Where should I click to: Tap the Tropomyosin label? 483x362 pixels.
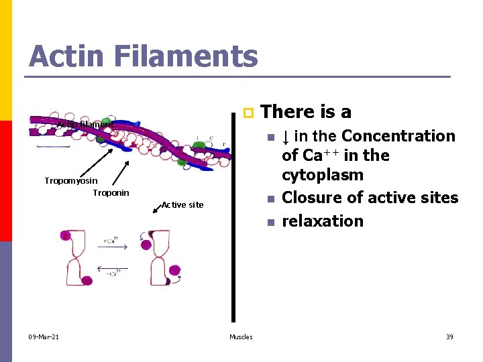[70, 181]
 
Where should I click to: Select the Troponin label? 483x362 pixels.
[111, 193]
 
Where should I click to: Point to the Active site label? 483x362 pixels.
[182, 204]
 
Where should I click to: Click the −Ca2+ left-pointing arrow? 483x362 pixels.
[112, 267]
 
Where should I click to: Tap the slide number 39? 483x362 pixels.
[449, 337]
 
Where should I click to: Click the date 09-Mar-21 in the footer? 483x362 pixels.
[44, 337]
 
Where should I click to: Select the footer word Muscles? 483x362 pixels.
[241, 337]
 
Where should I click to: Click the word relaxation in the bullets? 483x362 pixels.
[323, 221]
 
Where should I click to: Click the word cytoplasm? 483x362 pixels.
[323, 175]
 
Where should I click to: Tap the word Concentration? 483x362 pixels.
[398, 136]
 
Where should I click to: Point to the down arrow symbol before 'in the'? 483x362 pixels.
[286, 137]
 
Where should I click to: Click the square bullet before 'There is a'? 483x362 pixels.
[247, 111]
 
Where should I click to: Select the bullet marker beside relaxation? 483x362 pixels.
[270, 222]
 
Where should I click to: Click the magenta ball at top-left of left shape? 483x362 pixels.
[66, 235]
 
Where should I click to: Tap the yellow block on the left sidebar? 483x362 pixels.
[6, 60]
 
